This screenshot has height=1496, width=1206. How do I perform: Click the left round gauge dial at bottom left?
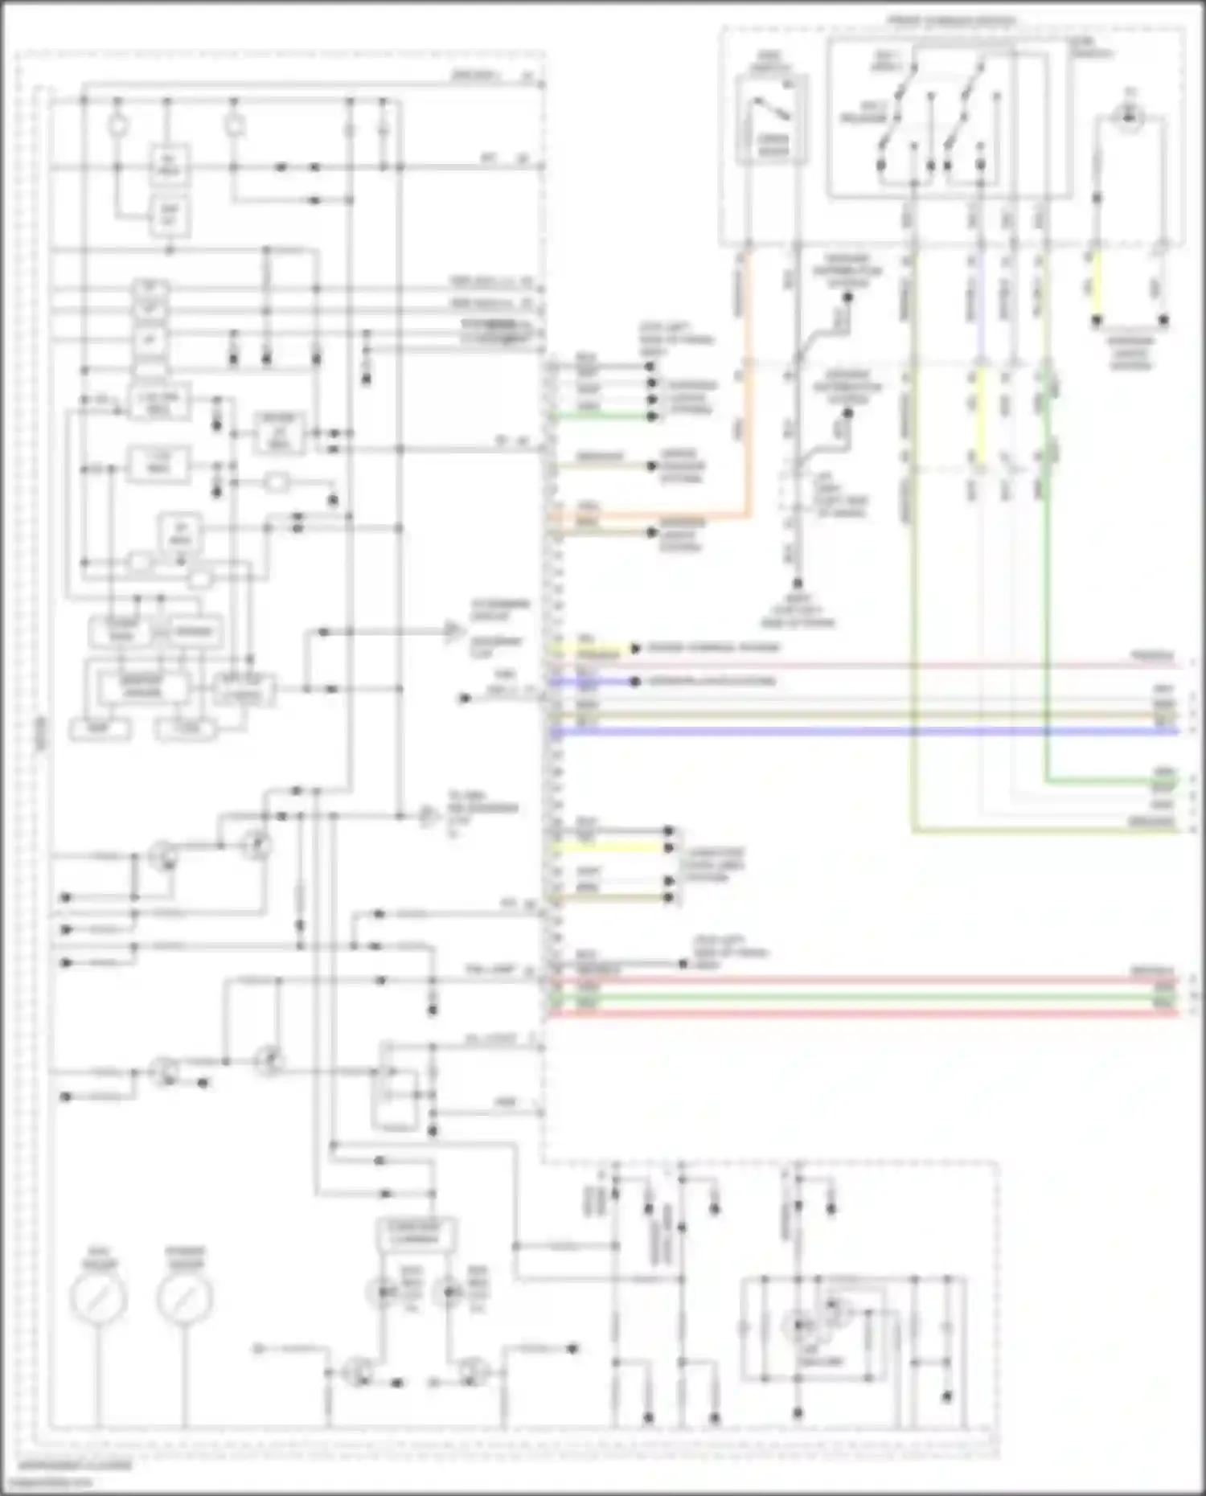coord(98,1298)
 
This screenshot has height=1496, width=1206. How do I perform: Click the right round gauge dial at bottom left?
coord(184,1298)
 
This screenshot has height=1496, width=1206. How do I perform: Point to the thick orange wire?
coord(749,386)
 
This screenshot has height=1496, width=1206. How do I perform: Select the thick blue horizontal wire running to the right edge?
coord(868,732)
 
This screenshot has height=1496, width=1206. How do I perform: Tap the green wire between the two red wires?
coord(868,997)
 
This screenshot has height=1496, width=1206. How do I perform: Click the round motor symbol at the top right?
coord(1130,118)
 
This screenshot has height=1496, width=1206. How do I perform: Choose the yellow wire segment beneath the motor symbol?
coord(1095,285)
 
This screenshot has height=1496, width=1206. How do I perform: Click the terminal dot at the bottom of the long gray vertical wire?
coord(798,584)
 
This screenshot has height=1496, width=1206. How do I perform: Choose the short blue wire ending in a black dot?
coord(595,682)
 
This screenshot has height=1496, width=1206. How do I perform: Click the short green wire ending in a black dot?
coord(603,416)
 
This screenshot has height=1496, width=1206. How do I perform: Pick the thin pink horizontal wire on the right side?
coord(868,666)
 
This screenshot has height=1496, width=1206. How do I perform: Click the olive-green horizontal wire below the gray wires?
coord(1045,829)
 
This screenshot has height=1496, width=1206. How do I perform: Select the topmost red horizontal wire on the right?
coord(868,980)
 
